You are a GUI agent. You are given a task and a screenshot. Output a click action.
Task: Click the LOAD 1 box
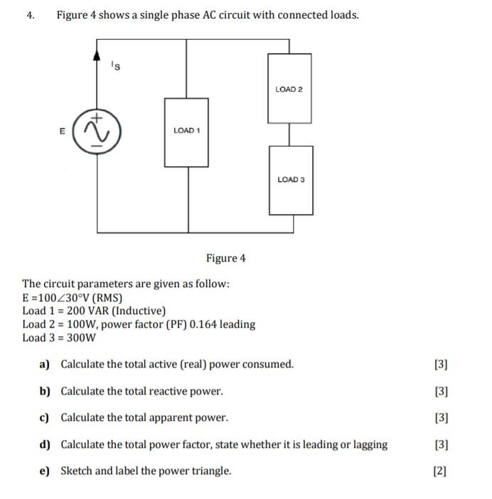pos(187,131)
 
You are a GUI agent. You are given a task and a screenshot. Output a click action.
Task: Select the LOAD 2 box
pos(289,89)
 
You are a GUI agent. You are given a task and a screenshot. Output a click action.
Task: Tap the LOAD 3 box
pos(291,179)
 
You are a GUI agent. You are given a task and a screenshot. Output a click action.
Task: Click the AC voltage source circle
pos(97,131)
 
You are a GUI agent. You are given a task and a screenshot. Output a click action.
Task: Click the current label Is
pos(116,66)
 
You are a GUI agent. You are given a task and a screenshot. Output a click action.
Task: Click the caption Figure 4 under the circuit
pos(225,258)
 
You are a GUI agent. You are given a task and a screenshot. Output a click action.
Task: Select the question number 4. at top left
pos(31,15)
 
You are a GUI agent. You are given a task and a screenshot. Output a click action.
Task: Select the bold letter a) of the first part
pos(44,365)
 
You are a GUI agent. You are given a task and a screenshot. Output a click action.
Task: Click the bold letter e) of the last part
pos(44,471)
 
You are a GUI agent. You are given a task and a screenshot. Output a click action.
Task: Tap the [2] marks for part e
pos(440,471)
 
